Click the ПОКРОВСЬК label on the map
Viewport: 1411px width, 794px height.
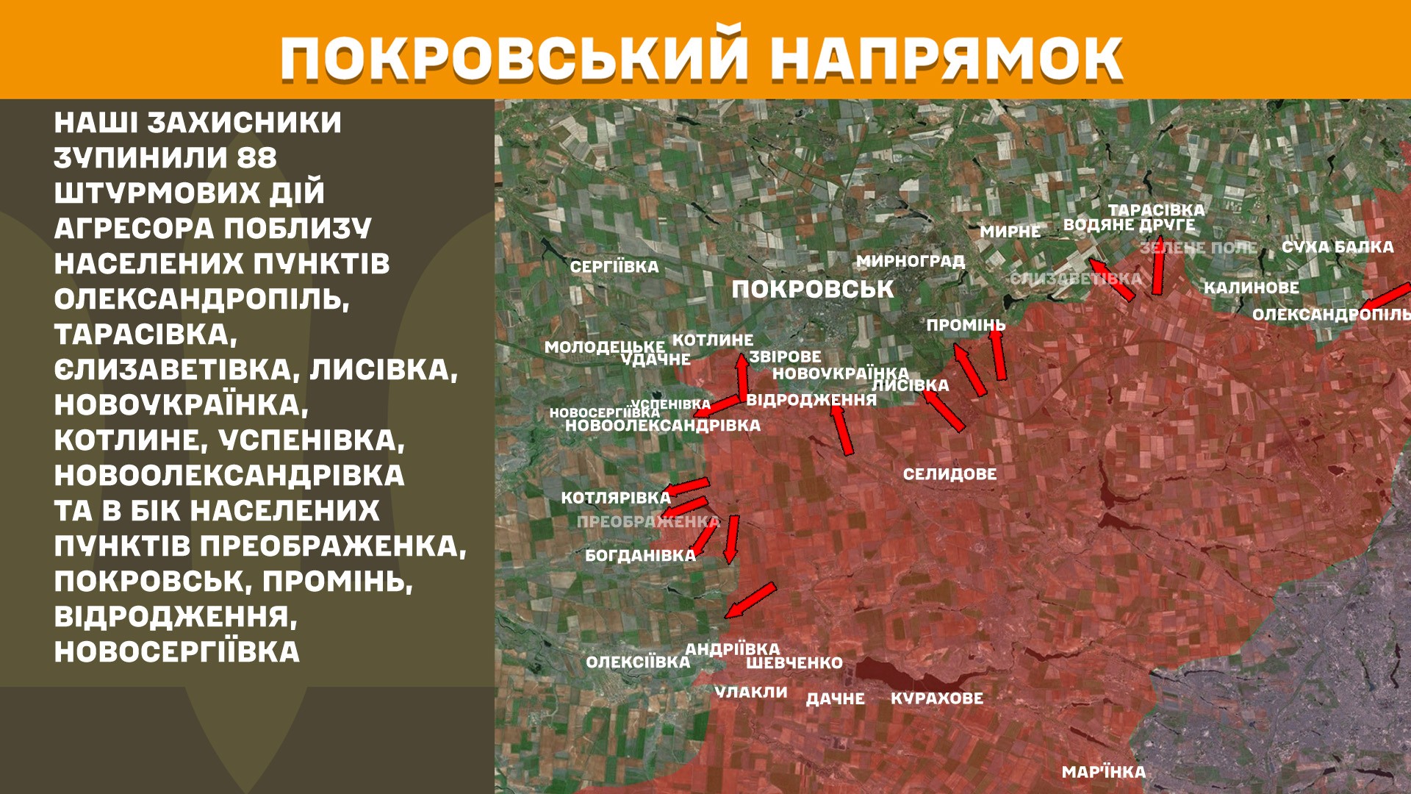tap(812, 290)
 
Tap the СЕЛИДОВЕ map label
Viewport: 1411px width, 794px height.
tap(949, 474)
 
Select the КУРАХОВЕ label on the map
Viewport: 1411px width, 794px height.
tap(936, 698)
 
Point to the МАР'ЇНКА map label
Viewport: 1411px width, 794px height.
tap(1103, 772)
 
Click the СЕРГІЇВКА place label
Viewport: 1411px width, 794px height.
tap(614, 267)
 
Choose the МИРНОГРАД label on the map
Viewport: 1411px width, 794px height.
tap(911, 261)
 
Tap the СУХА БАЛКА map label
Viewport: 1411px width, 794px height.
tap(1338, 247)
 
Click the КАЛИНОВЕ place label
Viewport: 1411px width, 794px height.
tap(1251, 287)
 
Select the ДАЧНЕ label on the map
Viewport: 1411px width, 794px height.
tap(835, 698)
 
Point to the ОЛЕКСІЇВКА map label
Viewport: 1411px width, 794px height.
tap(638, 662)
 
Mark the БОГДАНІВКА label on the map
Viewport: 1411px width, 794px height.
tap(640, 556)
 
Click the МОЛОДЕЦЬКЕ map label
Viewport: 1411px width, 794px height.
tap(604, 347)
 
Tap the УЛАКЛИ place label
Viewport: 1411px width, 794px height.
tap(751, 693)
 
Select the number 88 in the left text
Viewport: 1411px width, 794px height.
tap(256, 158)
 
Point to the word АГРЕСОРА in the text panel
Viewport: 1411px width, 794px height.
tap(133, 229)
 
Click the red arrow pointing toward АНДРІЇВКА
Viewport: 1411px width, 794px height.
tap(750, 600)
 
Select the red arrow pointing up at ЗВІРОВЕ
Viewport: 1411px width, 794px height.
tap(743, 375)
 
